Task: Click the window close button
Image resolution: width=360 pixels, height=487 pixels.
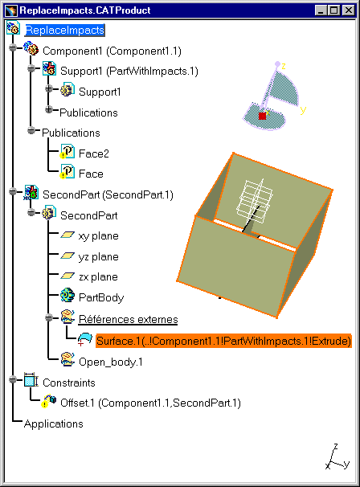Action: pyautogui.click(x=349, y=10)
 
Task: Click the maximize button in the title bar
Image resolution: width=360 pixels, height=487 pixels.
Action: pyautogui.click(x=334, y=10)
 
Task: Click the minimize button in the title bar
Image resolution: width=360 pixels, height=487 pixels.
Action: pyautogui.click(x=321, y=10)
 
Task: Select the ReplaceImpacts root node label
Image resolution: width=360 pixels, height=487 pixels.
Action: pyautogui.click(x=64, y=30)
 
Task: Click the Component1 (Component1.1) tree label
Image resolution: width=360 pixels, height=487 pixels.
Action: pyautogui.click(x=112, y=51)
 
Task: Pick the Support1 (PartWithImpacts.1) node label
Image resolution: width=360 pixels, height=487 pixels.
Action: pyautogui.click(x=129, y=72)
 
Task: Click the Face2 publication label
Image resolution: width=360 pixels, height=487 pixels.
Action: pyautogui.click(x=94, y=153)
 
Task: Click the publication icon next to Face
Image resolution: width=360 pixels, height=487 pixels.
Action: pyautogui.click(x=67, y=172)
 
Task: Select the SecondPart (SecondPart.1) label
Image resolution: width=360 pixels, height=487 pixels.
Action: pyautogui.click(x=108, y=194)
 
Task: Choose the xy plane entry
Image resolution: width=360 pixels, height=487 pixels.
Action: pyautogui.click(x=99, y=236)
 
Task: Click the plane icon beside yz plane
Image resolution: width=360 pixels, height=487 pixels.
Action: pyautogui.click(x=67, y=256)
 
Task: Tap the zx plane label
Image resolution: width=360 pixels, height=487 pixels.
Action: pyautogui.click(x=98, y=276)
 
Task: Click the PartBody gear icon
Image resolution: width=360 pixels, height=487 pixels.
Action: pyautogui.click(x=67, y=296)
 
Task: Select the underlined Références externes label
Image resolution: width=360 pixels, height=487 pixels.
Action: pyautogui.click(x=128, y=319)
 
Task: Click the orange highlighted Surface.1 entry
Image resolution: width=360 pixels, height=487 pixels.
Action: pyautogui.click(x=223, y=341)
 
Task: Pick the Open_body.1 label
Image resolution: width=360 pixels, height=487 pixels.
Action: pyautogui.click(x=111, y=362)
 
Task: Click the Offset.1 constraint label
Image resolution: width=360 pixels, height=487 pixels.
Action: pyautogui.click(x=150, y=403)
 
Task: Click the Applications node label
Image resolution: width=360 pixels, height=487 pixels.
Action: pyautogui.click(x=53, y=424)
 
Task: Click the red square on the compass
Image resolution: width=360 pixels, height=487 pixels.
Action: pyautogui.click(x=263, y=116)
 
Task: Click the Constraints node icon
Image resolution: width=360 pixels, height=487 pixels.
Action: pyautogui.click(x=31, y=380)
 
